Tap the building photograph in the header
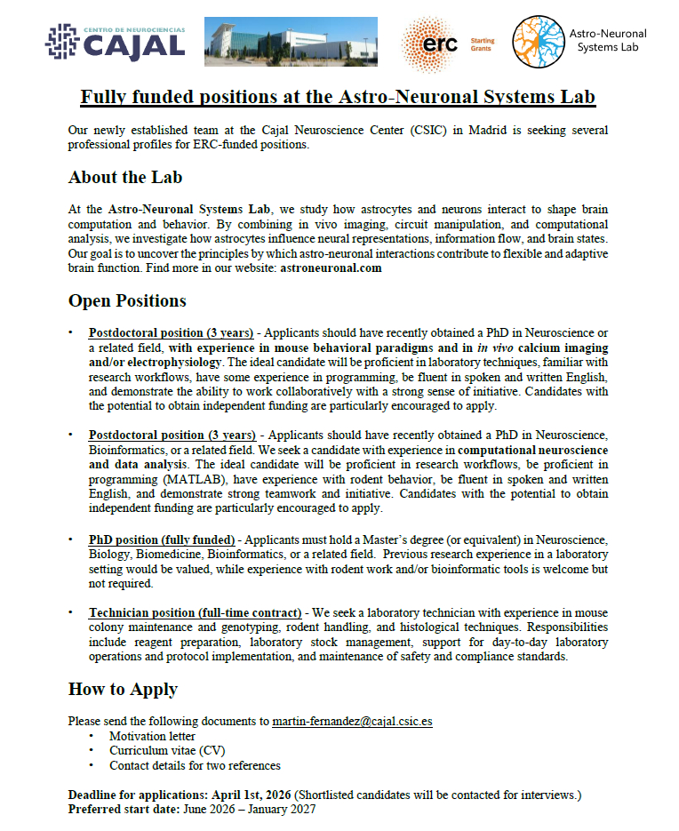[294, 42]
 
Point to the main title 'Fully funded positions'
[339, 96]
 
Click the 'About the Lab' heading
[124, 177]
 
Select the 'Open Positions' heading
[127, 300]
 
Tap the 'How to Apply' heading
[123, 689]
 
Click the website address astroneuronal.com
[331, 268]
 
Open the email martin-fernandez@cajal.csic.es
[352, 721]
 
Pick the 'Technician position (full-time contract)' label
[195, 613]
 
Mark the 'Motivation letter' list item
[152, 736]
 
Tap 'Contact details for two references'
[195, 765]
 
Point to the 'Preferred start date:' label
[124, 809]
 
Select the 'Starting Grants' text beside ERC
[482, 44]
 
